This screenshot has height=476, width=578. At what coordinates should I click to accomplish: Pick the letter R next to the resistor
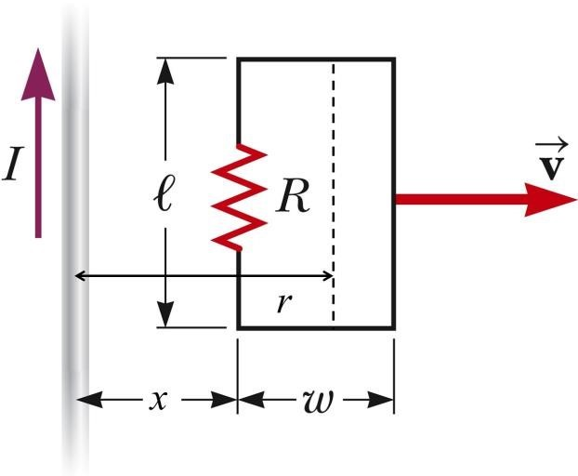click(291, 198)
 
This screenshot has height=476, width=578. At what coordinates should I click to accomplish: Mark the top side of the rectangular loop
click(316, 59)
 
